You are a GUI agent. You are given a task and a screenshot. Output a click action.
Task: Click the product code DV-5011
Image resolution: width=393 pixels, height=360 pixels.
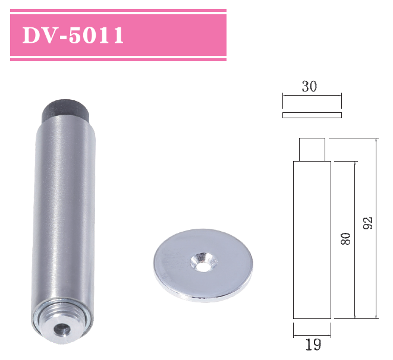tap(73, 36)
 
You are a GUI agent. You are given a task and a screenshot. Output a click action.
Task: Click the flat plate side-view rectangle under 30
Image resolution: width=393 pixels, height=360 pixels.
tap(312, 114)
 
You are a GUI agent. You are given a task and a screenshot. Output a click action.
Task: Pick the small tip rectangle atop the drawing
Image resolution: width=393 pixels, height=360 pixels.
tap(312, 150)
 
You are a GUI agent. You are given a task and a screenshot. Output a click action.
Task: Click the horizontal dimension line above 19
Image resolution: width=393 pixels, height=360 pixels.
tap(312, 329)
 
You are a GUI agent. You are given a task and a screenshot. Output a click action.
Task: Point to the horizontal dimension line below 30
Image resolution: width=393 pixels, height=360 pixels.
tap(312, 95)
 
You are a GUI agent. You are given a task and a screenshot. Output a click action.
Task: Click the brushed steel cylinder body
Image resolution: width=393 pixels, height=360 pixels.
tap(62, 208)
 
